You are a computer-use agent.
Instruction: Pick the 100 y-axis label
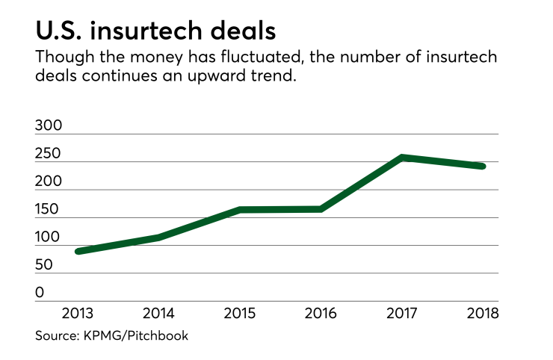click(x=49, y=238)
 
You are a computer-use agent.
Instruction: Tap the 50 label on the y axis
click(x=45, y=265)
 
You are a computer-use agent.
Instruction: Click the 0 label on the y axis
click(x=40, y=294)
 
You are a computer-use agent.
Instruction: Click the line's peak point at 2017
click(x=402, y=158)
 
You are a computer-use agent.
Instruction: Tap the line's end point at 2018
click(x=482, y=166)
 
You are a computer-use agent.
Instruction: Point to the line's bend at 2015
click(x=241, y=210)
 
